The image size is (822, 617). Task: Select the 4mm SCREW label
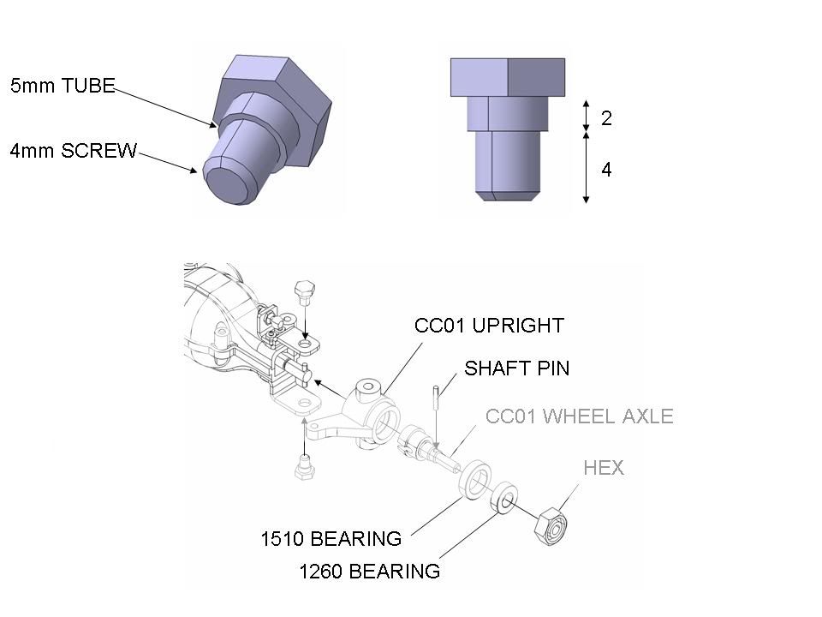click(74, 151)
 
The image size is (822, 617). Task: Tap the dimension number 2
click(606, 118)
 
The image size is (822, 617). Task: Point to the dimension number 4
click(606, 170)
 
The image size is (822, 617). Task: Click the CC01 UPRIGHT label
click(489, 326)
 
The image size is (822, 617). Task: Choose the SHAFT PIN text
click(516, 368)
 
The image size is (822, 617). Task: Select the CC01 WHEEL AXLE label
click(579, 416)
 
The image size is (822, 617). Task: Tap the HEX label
click(604, 468)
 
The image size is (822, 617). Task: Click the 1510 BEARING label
click(331, 539)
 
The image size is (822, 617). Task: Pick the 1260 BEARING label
click(369, 572)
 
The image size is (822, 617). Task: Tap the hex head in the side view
click(508, 76)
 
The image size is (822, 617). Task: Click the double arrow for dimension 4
click(586, 167)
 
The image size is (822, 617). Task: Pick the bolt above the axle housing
click(304, 297)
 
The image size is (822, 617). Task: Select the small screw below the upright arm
click(302, 467)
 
